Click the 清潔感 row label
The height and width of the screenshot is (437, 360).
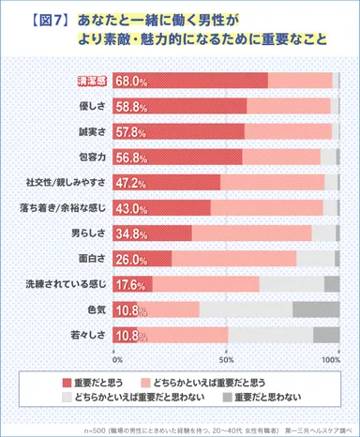point(92,81)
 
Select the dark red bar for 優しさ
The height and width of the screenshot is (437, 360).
point(179,106)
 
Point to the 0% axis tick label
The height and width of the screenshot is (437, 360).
point(117,359)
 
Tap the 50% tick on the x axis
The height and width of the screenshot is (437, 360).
point(226,359)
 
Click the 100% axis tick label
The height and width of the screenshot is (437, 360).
point(330,359)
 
